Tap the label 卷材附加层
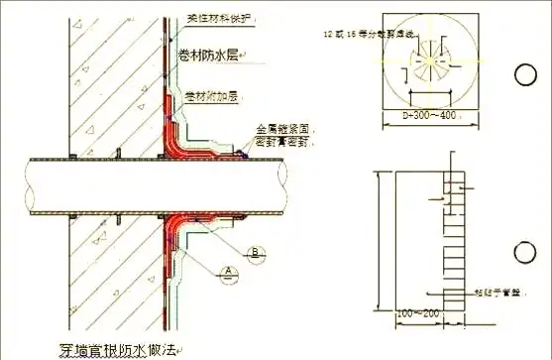tap(211, 96)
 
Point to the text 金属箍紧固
tap(280, 129)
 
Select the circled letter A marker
tap(228, 269)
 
